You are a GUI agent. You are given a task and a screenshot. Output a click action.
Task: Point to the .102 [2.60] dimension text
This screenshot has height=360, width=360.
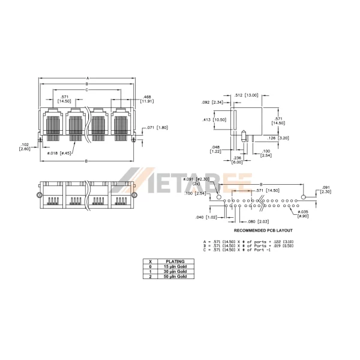point(25,146)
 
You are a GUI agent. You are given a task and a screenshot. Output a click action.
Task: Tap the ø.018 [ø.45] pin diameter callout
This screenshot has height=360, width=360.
point(60,153)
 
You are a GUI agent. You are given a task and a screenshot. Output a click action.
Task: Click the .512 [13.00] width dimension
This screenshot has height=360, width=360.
point(246,95)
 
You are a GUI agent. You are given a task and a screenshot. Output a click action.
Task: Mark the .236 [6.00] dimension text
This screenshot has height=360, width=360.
point(238,160)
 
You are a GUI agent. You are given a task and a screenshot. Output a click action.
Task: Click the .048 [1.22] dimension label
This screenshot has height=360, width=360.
point(215,149)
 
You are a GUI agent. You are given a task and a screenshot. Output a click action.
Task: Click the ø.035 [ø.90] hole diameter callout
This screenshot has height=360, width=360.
point(303,213)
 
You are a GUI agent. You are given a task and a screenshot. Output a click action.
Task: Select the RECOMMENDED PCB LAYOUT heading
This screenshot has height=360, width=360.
point(263,230)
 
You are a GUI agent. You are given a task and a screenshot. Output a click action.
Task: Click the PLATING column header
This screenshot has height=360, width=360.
point(175,262)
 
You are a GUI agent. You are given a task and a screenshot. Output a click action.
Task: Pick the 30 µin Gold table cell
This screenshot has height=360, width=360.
point(175,272)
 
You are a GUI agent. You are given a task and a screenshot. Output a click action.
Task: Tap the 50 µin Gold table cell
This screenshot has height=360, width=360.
point(175,277)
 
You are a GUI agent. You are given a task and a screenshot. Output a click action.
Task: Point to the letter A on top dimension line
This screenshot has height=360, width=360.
point(88,78)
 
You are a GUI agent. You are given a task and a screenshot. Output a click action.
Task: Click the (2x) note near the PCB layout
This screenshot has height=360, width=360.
point(212,184)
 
